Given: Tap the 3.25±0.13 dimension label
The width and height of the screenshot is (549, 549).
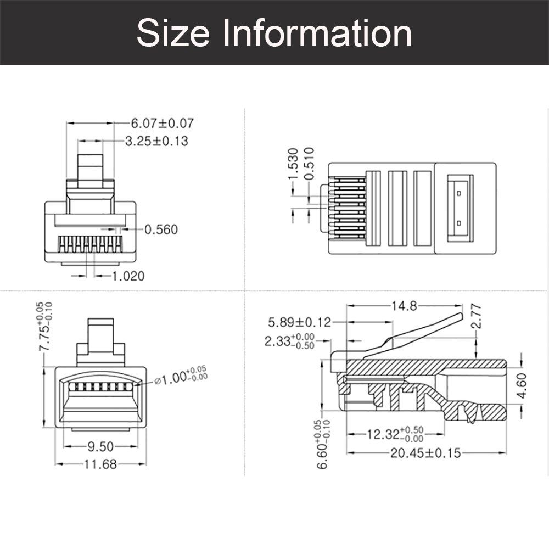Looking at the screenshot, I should (x=156, y=141).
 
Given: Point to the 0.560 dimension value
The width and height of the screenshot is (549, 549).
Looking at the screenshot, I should (x=161, y=229).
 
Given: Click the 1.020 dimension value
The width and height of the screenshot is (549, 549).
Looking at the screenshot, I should (x=128, y=276).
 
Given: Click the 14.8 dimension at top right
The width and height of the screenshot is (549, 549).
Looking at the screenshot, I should (x=404, y=306).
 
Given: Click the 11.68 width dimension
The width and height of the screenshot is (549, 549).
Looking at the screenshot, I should (x=100, y=464).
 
